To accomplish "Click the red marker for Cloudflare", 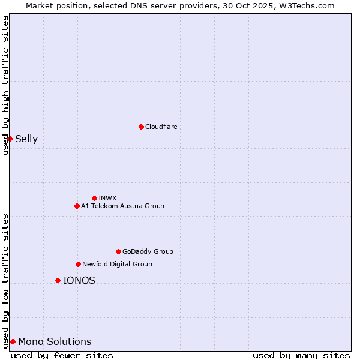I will [x=141, y=127].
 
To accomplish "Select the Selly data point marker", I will [x=10, y=139].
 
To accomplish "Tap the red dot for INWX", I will [x=94, y=198].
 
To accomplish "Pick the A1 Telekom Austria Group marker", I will [x=77, y=206].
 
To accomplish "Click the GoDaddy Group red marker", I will [x=118, y=251].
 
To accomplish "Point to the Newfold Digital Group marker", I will [x=78, y=264].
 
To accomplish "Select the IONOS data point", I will [x=58, y=280].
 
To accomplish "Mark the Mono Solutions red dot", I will [x=13, y=341].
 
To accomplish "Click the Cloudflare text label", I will [x=161, y=127].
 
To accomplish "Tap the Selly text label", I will [x=26, y=139].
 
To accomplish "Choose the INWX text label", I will [x=107, y=198].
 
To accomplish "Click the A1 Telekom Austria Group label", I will [x=122, y=206].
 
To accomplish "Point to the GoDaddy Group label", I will [x=148, y=251].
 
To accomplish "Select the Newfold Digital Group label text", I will [x=117, y=264].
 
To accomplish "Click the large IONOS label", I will [x=79, y=280].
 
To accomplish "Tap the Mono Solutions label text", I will [x=55, y=341].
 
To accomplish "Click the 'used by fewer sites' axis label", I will [x=62, y=355].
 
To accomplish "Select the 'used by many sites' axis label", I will [x=301, y=355].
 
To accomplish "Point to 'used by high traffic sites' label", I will [x=5, y=85].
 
